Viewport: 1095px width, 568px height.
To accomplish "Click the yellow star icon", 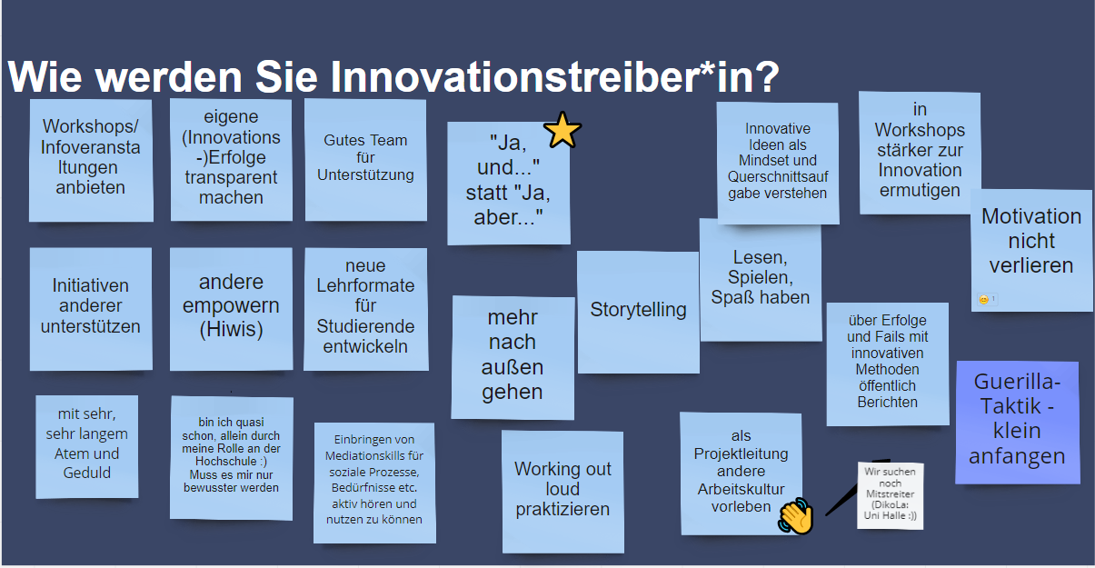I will (x=562, y=131).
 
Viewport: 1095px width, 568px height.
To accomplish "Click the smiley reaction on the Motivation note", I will (x=983, y=299).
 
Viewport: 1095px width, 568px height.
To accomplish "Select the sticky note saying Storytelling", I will (x=638, y=311).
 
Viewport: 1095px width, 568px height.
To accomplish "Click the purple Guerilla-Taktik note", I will (x=1017, y=421).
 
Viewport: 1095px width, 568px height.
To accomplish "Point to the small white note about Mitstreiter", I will (x=890, y=495).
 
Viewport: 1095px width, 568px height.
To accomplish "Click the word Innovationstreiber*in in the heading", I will (x=554, y=77).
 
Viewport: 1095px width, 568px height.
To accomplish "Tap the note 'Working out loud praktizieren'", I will (x=562, y=491).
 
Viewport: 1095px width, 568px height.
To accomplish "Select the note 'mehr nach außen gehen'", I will (x=513, y=356).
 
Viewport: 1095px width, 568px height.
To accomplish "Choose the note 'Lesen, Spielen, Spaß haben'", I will (x=760, y=279).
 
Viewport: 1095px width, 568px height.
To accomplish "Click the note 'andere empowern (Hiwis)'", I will (x=231, y=308).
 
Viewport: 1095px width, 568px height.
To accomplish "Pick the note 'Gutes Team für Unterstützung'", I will (x=365, y=159).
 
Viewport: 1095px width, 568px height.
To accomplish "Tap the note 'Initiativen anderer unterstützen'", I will (x=90, y=307).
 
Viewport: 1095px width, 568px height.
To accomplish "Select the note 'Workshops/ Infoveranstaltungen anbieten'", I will (x=90, y=159).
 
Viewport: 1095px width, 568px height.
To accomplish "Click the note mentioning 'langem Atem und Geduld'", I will (x=87, y=445).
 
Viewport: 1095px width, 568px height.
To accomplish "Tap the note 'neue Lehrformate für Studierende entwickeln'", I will (x=365, y=307).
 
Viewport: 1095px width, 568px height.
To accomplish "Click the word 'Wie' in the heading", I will (x=45, y=77).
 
